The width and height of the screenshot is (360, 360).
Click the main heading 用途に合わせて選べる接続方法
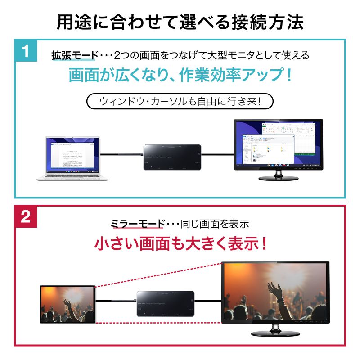180,21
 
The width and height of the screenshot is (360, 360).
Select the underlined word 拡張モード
74,56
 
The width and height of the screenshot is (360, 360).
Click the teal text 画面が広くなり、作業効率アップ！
180,75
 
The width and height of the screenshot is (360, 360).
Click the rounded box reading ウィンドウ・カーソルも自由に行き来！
180,101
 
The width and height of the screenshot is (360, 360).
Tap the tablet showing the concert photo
68,303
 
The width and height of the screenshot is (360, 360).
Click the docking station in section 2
166,304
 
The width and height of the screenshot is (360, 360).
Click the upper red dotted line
157,274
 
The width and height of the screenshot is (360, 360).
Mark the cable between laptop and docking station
121,155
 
